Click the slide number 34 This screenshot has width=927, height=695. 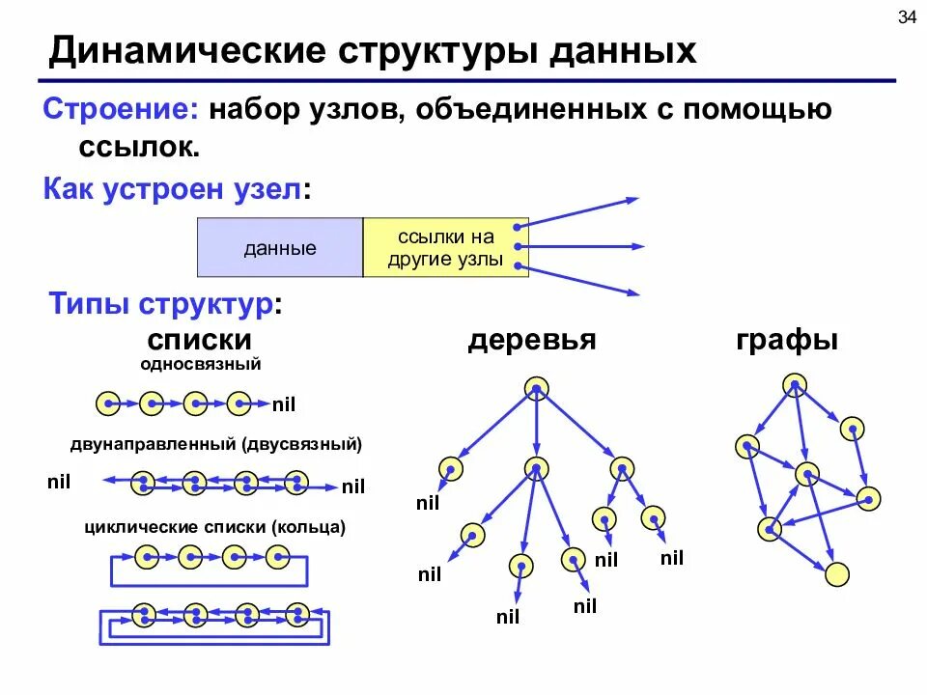click(907, 17)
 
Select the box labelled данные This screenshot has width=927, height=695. click(280, 248)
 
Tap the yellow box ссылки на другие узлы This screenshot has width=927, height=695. click(445, 248)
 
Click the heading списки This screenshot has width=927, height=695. click(200, 340)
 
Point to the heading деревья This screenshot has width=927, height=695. click(531, 340)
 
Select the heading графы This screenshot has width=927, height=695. click(787, 340)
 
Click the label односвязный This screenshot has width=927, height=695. click(201, 364)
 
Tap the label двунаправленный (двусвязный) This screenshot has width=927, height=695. click(216, 444)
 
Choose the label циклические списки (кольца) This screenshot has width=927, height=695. click(214, 527)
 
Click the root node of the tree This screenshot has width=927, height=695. click(537, 388)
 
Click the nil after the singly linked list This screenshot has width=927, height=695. click(283, 404)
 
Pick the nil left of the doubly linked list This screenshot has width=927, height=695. click(59, 481)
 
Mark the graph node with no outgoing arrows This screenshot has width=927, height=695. click(838, 574)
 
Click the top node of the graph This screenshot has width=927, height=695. click(794, 386)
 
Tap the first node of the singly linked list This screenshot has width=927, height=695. click(108, 403)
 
